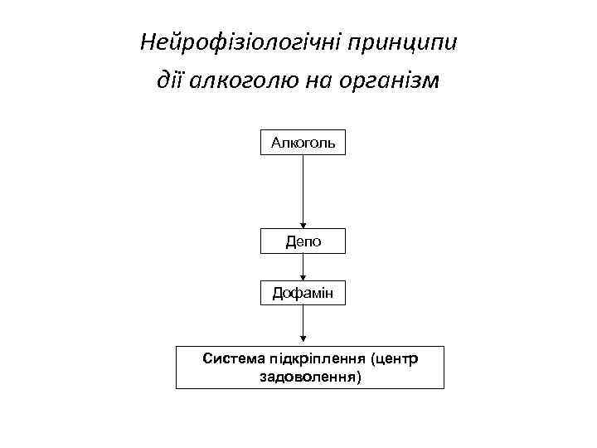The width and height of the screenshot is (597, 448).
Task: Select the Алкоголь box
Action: pos(303,143)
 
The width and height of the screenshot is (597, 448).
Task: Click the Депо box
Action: pos(303,241)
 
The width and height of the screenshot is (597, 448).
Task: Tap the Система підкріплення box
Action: pos(309,367)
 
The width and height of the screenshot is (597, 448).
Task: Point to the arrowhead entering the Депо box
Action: pos(303,224)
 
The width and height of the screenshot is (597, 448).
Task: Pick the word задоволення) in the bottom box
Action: pos(309,377)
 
